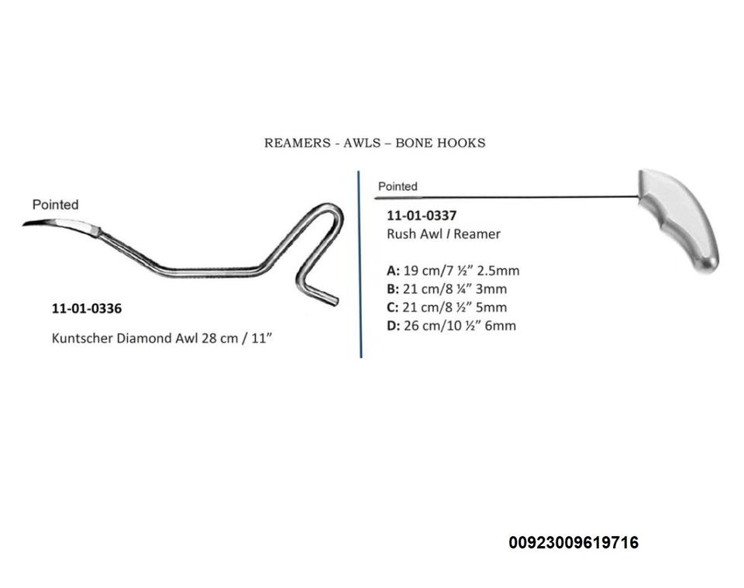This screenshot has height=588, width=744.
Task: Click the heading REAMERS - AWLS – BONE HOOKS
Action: click(374, 143)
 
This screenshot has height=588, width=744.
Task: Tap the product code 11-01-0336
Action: click(86, 309)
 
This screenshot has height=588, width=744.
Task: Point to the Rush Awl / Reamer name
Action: click(443, 233)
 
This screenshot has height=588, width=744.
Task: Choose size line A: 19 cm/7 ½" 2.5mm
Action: click(453, 271)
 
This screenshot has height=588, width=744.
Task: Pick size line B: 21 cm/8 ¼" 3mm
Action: click(447, 289)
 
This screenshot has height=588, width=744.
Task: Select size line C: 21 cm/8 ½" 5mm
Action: click(447, 307)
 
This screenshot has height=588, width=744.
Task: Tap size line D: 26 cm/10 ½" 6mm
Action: click(451, 326)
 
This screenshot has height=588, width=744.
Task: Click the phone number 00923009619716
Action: click(573, 543)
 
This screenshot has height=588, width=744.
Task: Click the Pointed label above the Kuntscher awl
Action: click(55, 205)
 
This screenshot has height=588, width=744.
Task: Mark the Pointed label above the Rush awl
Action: click(398, 186)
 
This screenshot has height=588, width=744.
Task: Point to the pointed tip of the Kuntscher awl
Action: click(26, 223)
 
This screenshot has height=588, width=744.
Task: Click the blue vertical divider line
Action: click(360, 264)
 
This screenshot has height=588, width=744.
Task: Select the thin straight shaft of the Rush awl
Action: click(511, 196)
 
